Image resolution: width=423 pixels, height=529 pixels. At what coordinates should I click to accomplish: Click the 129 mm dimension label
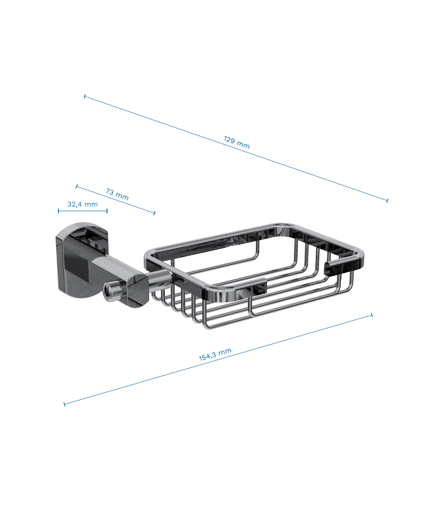click(x=237, y=143)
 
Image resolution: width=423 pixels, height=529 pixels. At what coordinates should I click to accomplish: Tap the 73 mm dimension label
click(x=117, y=194)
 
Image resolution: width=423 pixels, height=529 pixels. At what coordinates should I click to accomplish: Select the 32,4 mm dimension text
click(x=83, y=204)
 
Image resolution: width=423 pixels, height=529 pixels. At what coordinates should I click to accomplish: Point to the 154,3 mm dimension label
click(x=215, y=354)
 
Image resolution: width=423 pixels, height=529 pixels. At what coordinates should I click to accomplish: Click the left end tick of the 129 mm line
click(x=85, y=96)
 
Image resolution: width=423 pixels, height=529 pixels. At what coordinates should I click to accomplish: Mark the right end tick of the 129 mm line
click(x=387, y=200)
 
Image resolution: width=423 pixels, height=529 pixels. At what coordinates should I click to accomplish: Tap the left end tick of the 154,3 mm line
click(x=64, y=404)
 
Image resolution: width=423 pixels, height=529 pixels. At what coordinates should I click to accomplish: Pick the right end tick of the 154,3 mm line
click(x=372, y=315)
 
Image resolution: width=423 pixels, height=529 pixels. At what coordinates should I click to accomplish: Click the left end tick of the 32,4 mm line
click(x=58, y=211)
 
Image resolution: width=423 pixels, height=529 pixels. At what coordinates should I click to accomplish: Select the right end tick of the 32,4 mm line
click(x=107, y=211)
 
